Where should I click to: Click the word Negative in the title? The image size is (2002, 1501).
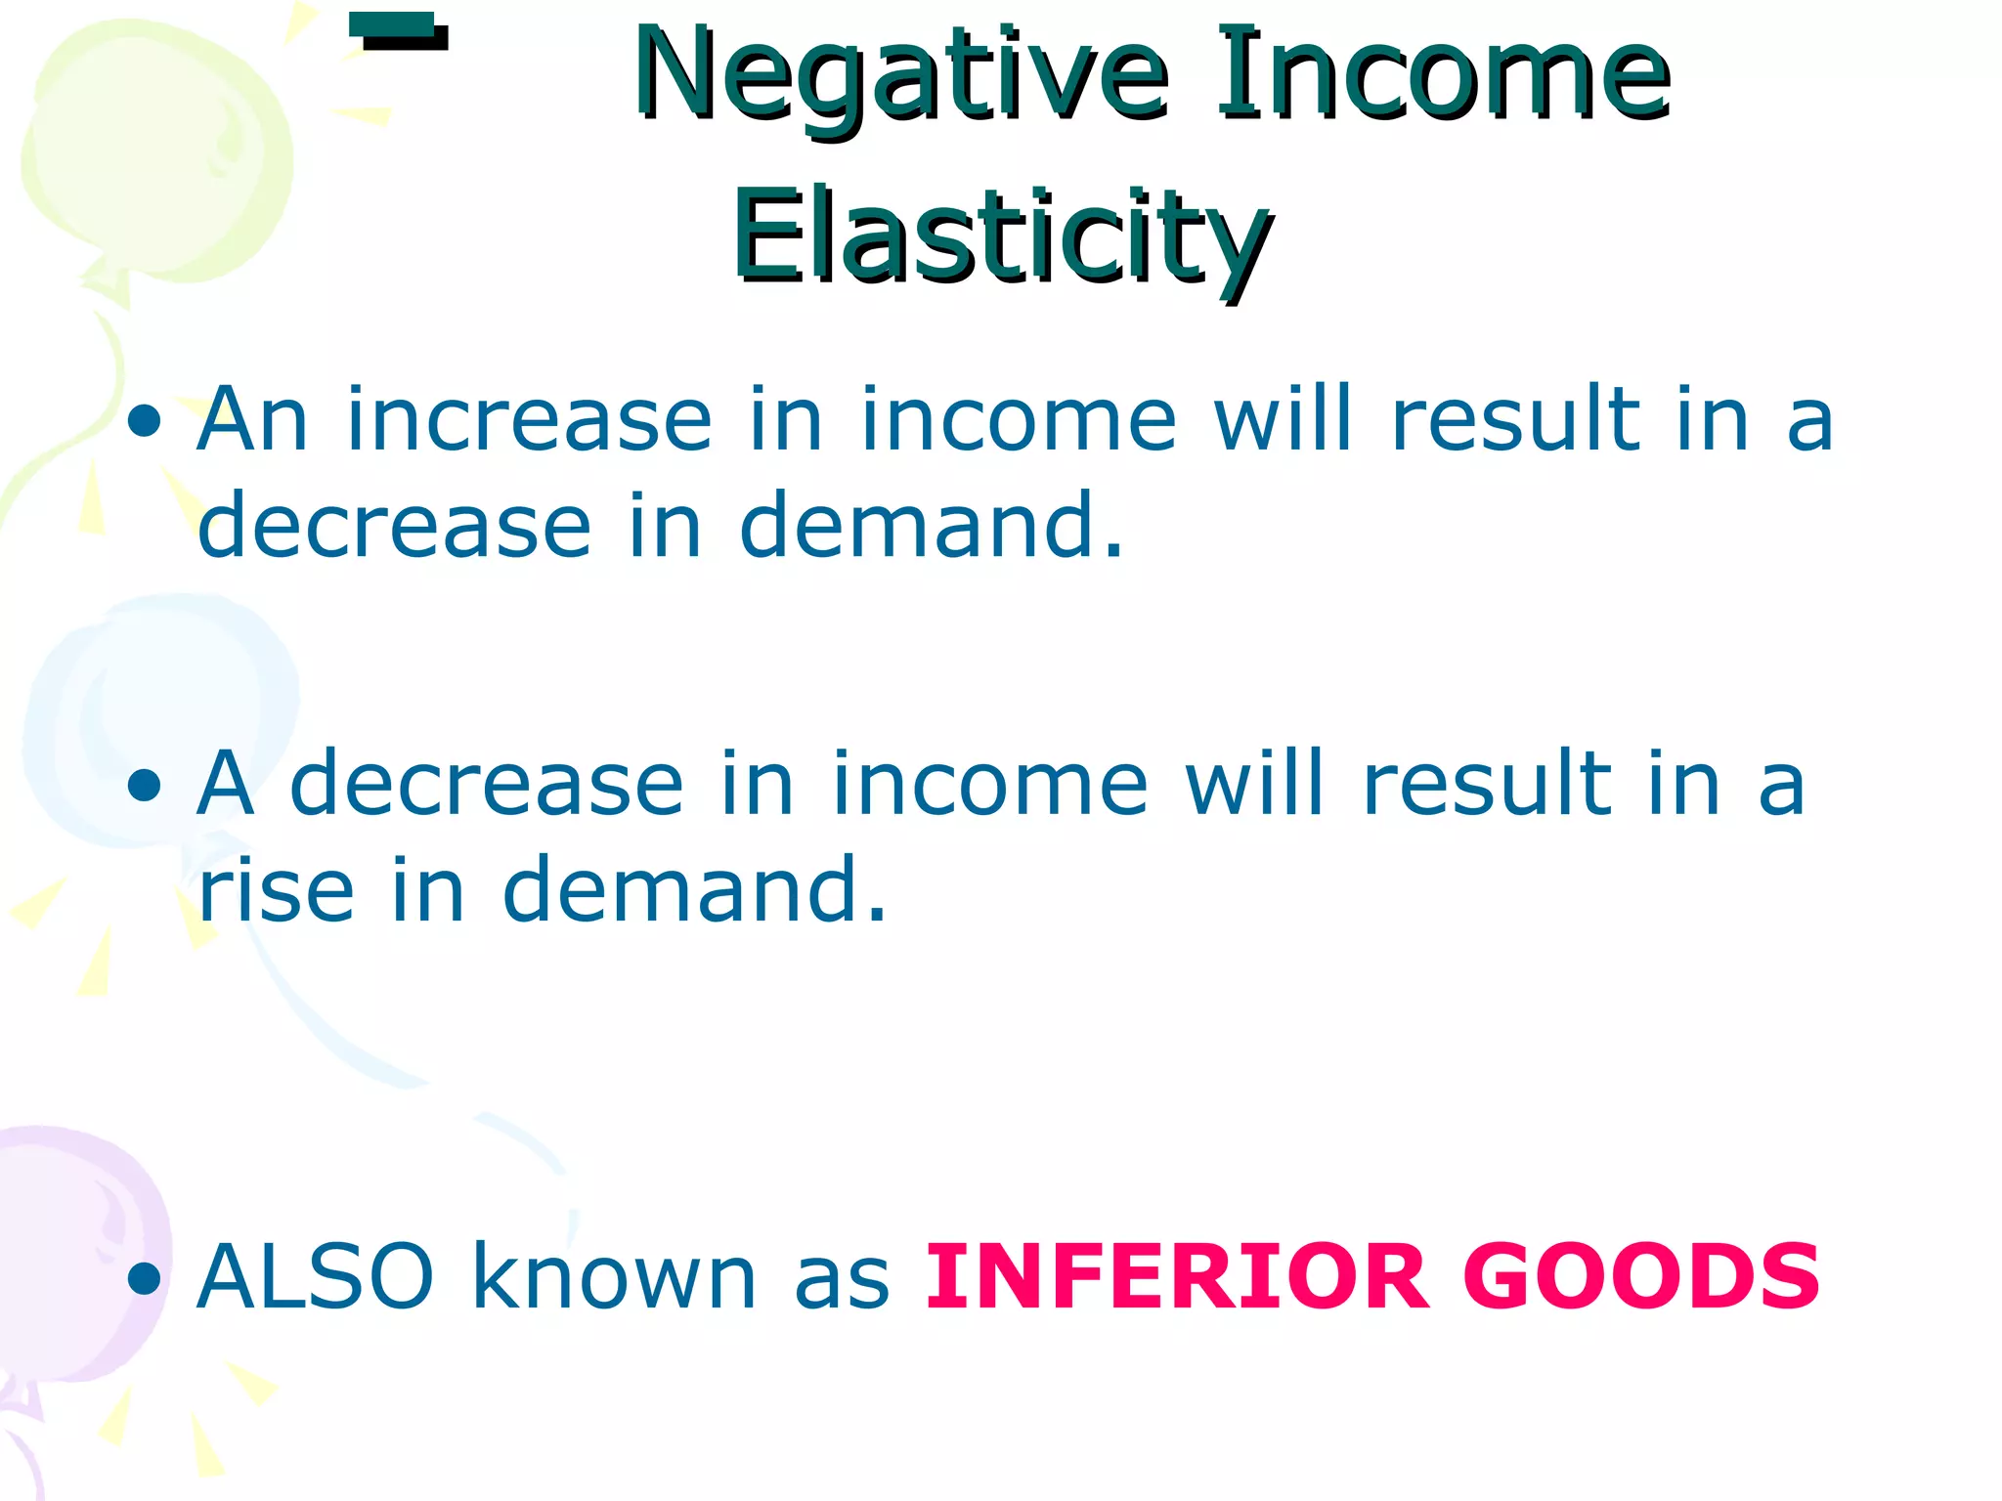coord(899,76)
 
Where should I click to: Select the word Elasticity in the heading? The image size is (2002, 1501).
coord(1002,237)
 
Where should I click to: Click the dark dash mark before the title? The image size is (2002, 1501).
coord(398,32)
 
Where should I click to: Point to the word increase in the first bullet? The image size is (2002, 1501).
coord(529,421)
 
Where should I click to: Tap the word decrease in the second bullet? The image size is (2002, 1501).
coord(487,785)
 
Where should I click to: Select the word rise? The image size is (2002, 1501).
coord(276,890)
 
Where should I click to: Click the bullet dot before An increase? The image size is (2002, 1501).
coord(145,422)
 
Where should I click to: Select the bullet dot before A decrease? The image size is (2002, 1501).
coord(145,786)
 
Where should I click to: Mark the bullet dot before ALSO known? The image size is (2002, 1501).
coord(145,1277)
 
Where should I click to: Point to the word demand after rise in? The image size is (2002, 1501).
coord(694,890)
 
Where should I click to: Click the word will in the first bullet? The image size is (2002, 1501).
coord(1284,421)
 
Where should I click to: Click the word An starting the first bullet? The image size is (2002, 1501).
coord(252,421)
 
